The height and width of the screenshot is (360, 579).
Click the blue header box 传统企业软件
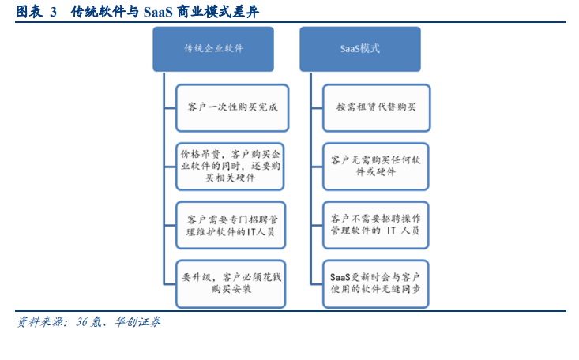coord(213,49)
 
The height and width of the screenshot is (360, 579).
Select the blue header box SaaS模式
coord(360,49)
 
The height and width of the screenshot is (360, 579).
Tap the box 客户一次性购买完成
coord(232,108)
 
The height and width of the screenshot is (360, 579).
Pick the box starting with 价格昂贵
coord(230,167)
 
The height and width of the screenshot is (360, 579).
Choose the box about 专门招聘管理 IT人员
coord(231,225)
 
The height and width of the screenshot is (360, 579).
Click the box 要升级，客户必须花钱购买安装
coord(231,284)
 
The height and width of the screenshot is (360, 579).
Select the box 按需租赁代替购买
coord(376,108)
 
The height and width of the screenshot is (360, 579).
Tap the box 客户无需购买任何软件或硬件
coord(375,167)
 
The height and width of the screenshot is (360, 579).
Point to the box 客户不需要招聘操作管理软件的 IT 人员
coord(375,225)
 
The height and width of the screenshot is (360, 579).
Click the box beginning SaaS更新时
coord(375,284)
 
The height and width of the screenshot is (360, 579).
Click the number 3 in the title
coord(53,12)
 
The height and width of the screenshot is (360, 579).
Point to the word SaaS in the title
coord(158,12)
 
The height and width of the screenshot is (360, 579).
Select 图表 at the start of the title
coord(29,12)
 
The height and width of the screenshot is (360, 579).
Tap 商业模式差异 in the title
coord(218,12)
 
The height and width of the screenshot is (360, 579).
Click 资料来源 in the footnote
coord(39,322)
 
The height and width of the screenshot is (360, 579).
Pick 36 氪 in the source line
coord(88,322)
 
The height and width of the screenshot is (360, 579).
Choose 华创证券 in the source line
coord(137,322)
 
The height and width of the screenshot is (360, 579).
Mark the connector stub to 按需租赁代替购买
coord(317,108)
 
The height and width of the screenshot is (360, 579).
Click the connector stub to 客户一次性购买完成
coord(170,108)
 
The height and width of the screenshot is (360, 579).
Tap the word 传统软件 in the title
coord(98,12)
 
